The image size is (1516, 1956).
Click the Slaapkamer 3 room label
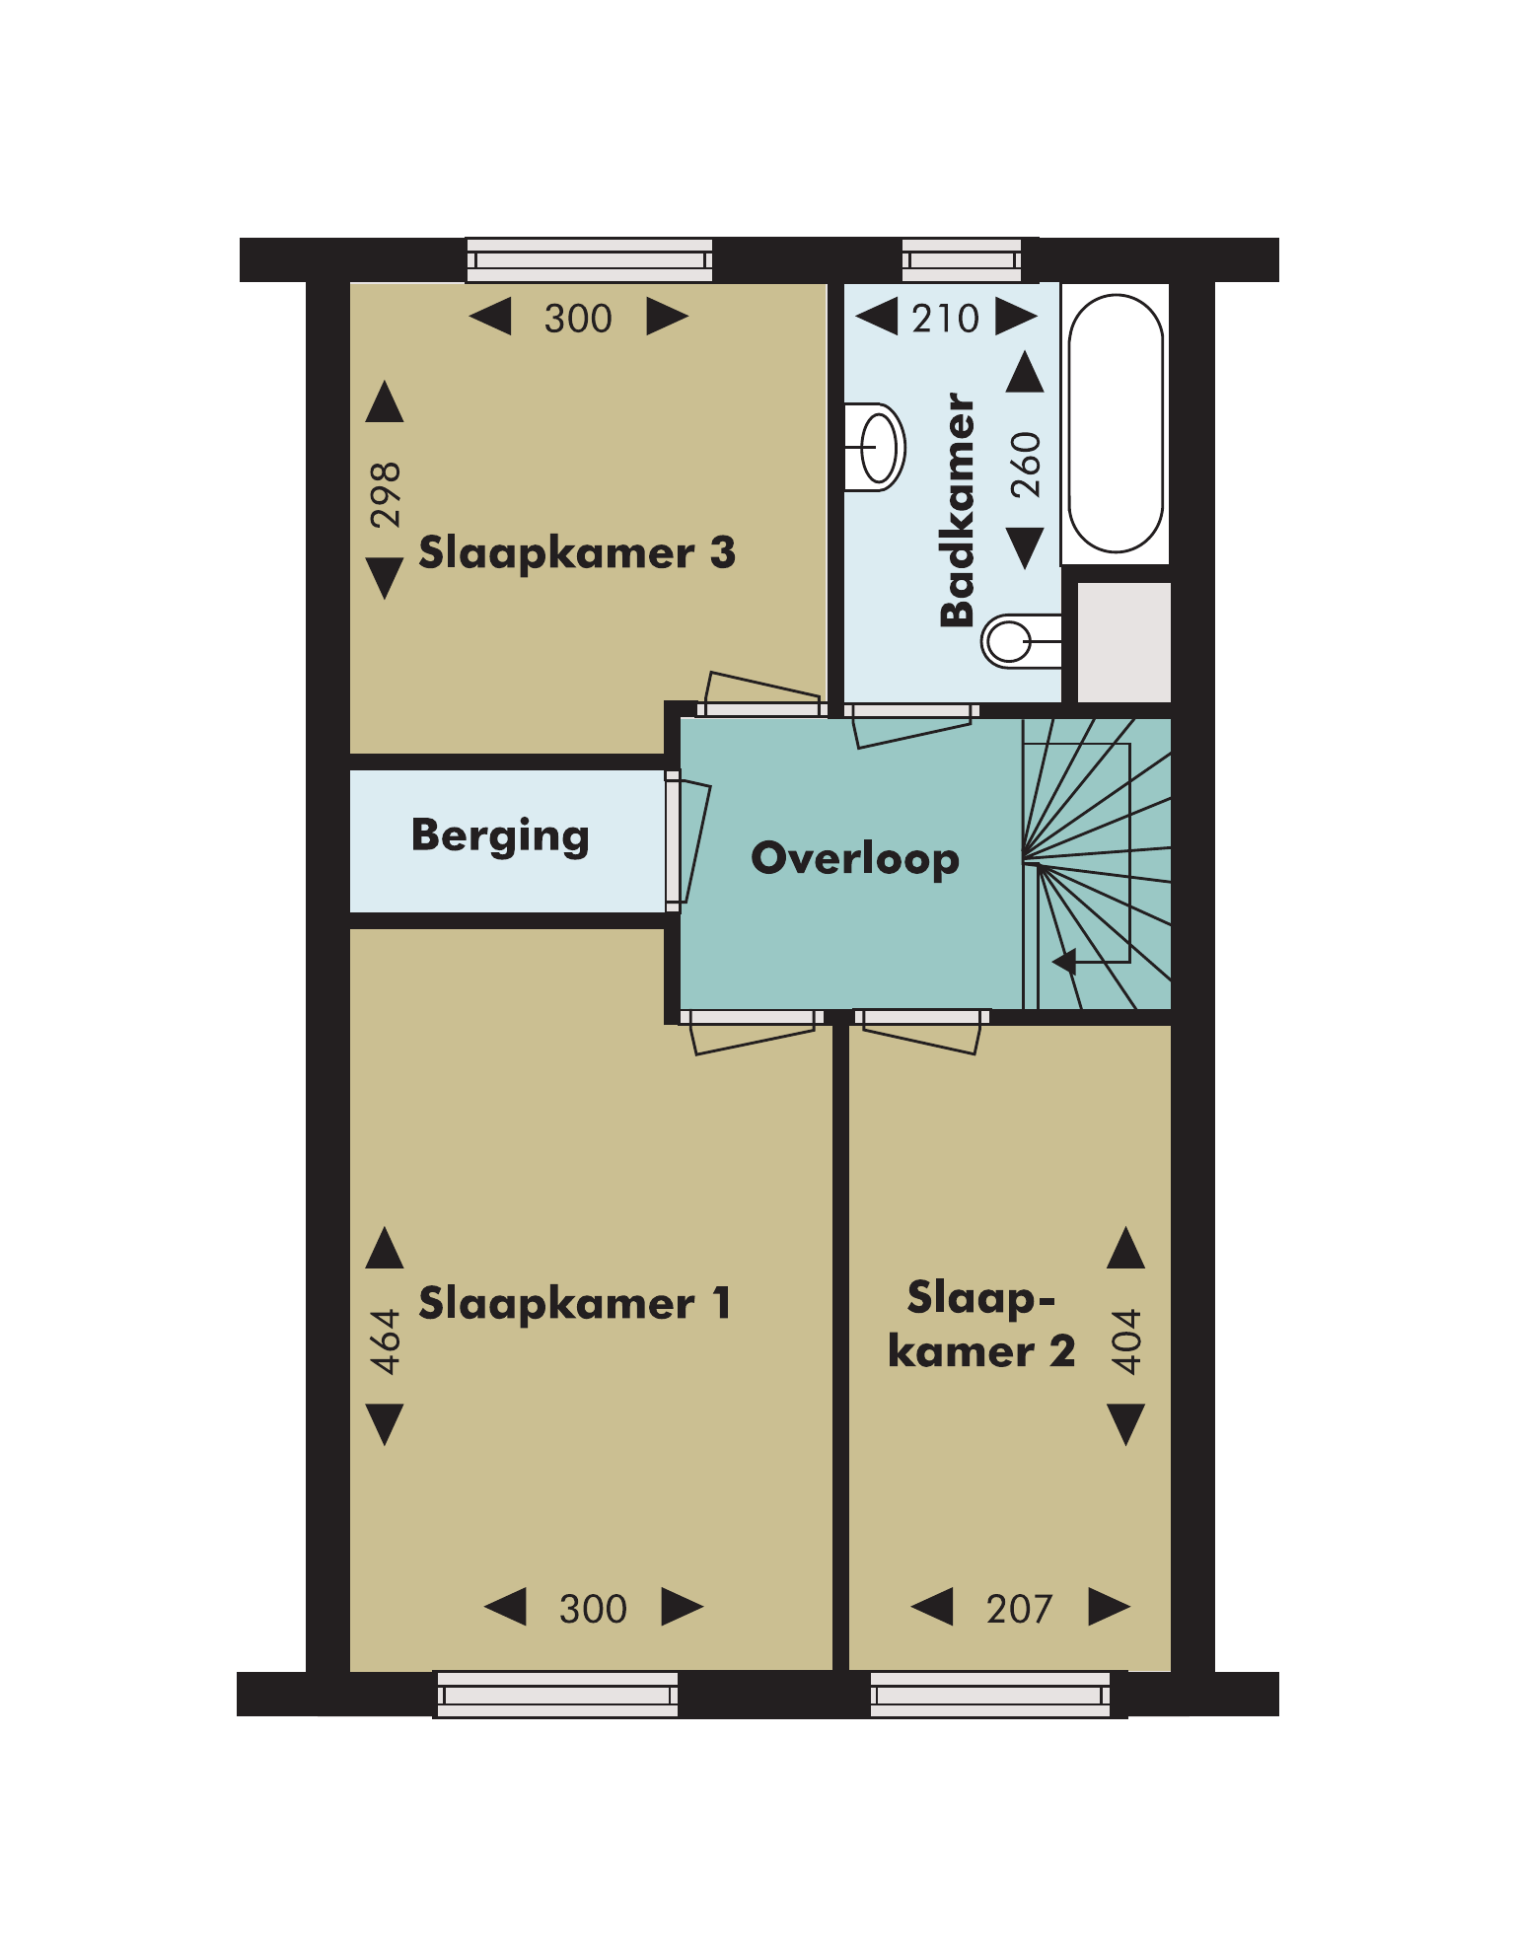[x=577, y=554]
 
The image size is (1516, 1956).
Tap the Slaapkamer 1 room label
[x=575, y=1304]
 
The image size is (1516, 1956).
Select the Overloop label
[x=855, y=859]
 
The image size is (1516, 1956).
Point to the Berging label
[x=500, y=836]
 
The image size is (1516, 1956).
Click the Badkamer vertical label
[x=958, y=510]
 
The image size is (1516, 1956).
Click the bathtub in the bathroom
[x=1116, y=424]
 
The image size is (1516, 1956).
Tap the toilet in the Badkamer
[x=1022, y=641]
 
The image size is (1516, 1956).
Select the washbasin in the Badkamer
[x=875, y=447]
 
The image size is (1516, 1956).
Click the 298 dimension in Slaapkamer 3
[x=386, y=495]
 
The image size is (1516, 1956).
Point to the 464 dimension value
[x=386, y=1342]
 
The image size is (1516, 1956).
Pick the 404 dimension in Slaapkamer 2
[x=1126, y=1342]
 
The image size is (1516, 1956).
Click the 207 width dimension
[x=1020, y=1610]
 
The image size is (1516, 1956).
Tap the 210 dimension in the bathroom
[x=945, y=319]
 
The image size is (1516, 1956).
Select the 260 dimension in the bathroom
[x=1027, y=465]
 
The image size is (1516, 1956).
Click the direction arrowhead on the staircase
[x=1064, y=961]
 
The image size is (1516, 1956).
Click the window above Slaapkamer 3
[x=589, y=260]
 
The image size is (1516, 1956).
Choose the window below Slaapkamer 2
[x=990, y=1695]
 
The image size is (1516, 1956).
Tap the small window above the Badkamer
[x=962, y=260]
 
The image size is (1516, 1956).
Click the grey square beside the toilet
[x=1123, y=642]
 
